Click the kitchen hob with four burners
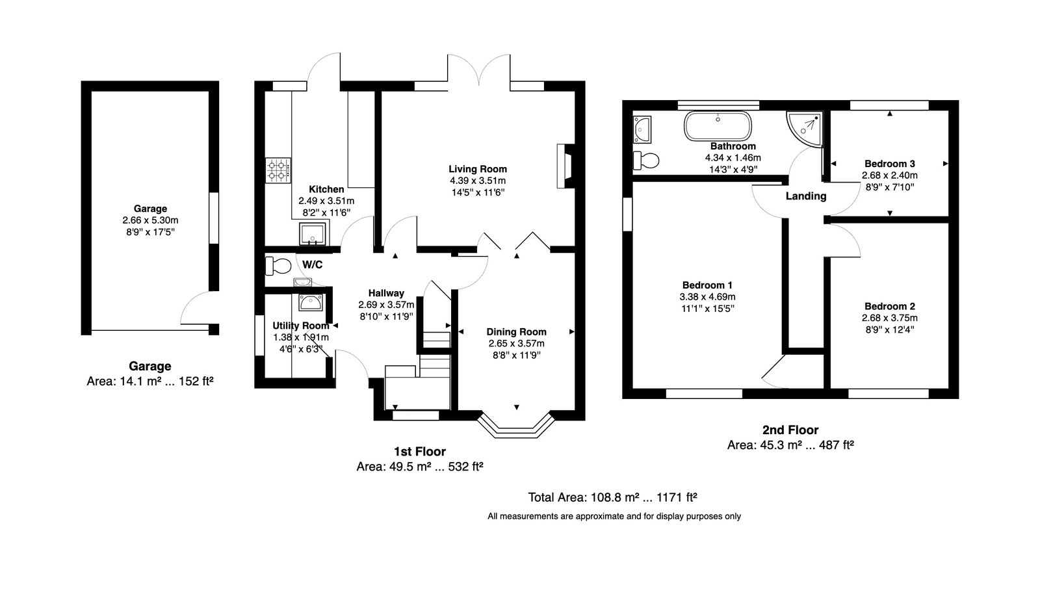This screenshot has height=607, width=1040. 278,170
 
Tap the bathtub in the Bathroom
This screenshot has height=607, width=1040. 718,126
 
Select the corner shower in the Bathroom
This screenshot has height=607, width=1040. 803,129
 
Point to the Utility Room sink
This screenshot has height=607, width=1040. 311,303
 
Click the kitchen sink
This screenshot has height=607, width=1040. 313,233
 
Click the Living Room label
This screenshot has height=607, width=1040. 478,169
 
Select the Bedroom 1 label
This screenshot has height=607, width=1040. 707,285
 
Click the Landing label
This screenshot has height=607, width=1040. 806,196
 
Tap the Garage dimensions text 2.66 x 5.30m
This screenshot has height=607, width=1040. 150,220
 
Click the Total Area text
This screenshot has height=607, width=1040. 612,497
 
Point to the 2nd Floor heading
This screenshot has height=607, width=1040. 790,430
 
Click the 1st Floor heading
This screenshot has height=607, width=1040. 420,451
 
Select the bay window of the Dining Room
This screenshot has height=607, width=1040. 516,424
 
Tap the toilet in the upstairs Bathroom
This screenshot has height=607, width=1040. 646,161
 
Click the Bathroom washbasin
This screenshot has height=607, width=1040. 642,129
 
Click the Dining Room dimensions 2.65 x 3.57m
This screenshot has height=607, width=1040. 516,343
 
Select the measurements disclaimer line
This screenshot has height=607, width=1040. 614,516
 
